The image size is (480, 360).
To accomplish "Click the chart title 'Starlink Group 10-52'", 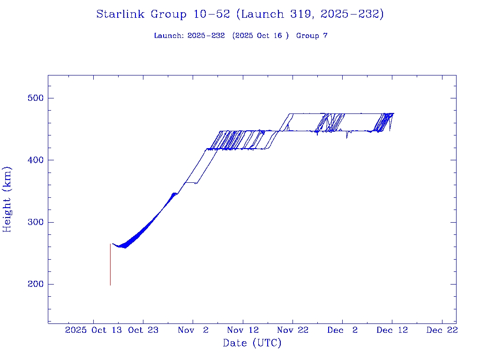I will (x=163, y=15).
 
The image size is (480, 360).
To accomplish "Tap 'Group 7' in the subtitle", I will (x=312, y=36).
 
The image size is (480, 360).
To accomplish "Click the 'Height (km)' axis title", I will (x=7, y=199).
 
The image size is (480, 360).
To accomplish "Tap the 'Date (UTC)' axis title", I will (x=252, y=343).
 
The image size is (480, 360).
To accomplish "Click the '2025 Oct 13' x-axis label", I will (x=94, y=330).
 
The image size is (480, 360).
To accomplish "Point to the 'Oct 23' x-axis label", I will (x=143, y=330).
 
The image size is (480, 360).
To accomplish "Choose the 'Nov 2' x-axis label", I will (x=193, y=330).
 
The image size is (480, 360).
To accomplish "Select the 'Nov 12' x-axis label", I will (x=243, y=330).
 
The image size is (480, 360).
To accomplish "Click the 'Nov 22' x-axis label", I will (x=292, y=330).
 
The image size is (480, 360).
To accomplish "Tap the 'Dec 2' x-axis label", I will (x=343, y=330).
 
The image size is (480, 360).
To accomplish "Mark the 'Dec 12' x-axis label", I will (x=392, y=330).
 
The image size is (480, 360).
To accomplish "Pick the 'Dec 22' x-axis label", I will (x=442, y=330).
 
